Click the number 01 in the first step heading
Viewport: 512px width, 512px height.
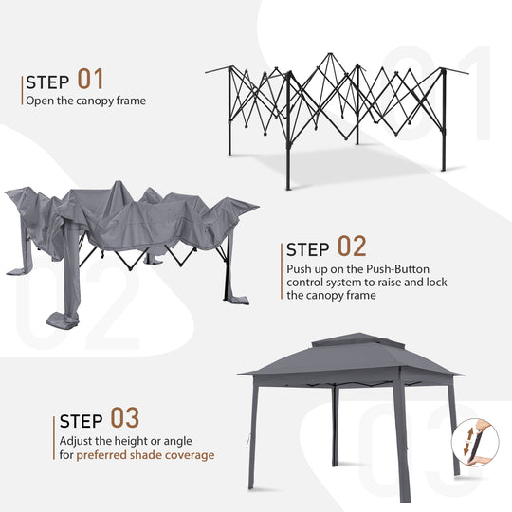tap(91, 79)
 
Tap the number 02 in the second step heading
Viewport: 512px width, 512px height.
tap(351, 248)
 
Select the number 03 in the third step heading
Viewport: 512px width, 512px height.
tap(125, 418)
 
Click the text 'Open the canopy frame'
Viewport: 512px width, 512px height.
tap(85, 101)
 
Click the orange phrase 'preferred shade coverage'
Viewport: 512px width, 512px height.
tap(145, 455)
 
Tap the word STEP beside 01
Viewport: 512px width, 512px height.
tap(47, 82)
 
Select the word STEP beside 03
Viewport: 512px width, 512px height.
tap(82, 421)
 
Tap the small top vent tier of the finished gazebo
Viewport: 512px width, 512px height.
tap(352, 339)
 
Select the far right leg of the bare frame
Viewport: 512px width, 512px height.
tap(443, 123)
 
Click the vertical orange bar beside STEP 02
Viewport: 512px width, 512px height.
tap(282, 270)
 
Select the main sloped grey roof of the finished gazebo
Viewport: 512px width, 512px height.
tap(351, 360)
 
